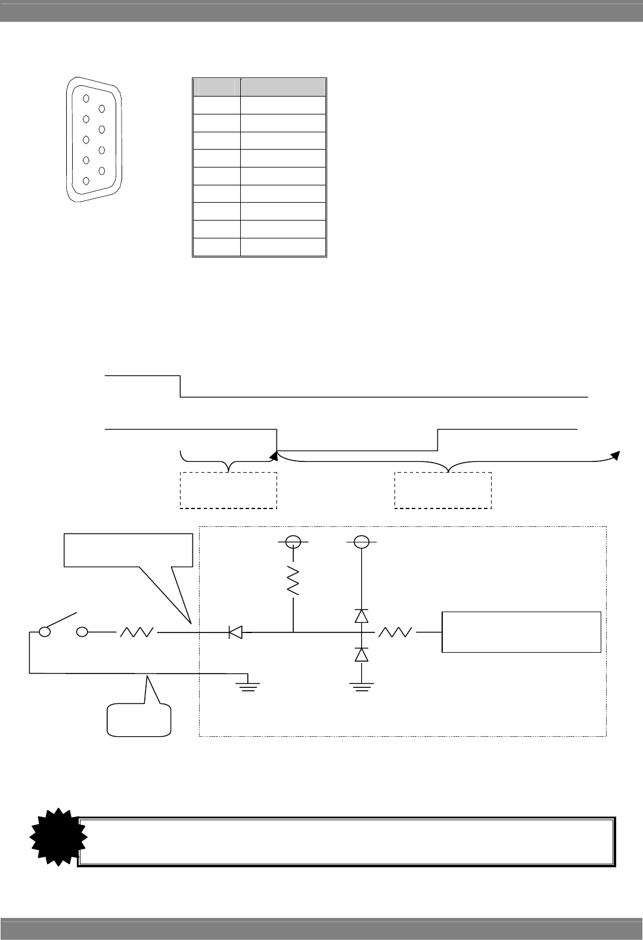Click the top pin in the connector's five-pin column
pos(86,99)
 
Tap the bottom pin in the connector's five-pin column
pos(86,181)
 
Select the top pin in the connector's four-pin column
pos(102,108)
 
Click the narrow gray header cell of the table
pos(216,88)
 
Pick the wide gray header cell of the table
pos(283,88)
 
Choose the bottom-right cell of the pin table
pos(283,247)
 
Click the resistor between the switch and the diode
pos(138,632)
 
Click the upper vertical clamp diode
pos(361,616)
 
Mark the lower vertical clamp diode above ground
pos(361,654)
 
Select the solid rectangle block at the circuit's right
pos(521,632)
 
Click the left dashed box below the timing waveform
pos(228,490)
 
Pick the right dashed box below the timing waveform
pos(443,490)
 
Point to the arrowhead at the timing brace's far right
pos(617,456)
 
